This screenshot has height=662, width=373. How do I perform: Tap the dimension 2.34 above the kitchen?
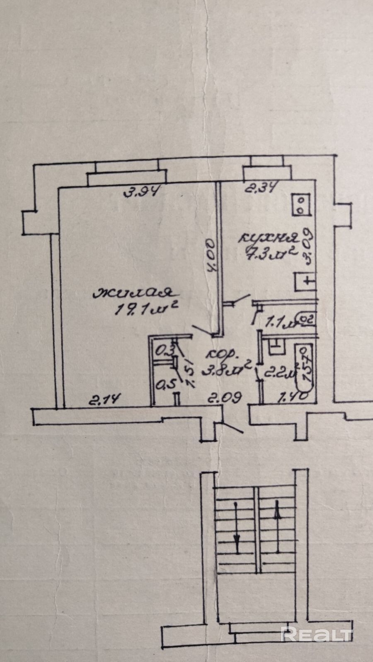[261, 189]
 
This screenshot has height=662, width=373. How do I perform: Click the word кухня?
[269, 237]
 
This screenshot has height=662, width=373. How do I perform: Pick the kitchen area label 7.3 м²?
[271, 251]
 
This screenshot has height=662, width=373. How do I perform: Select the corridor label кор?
[223, 355]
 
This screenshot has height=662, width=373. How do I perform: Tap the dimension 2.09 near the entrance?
[225, 399]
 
